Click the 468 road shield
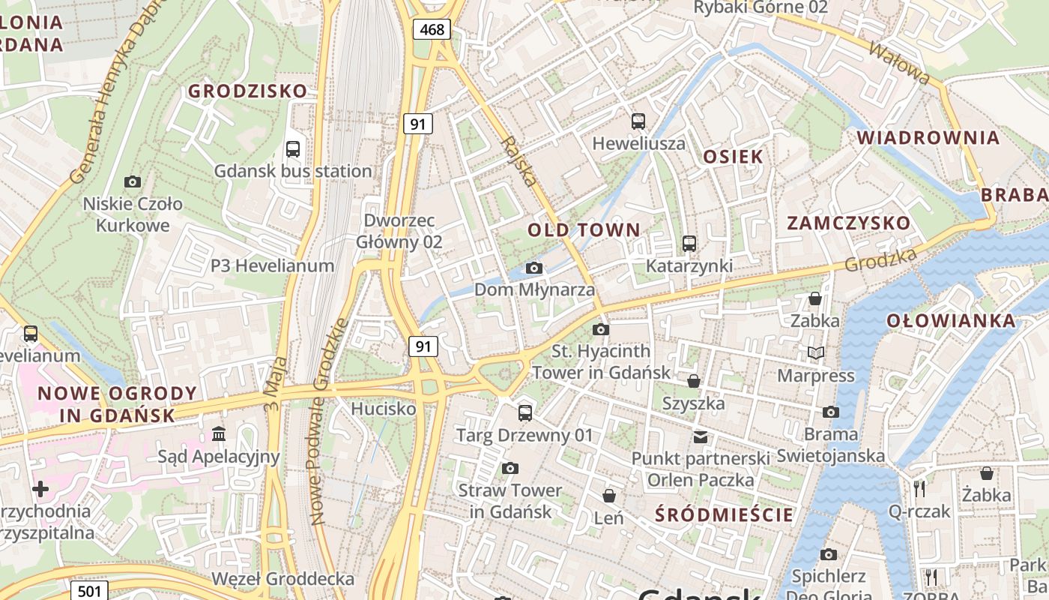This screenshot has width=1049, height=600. coord(432,30)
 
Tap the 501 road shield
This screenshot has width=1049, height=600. coord(89,591)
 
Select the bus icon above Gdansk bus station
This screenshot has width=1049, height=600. coord(293,148)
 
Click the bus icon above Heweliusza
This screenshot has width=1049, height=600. coord(638,121)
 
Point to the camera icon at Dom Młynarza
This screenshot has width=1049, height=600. coord(533,268)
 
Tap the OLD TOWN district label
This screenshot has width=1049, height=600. coord(584,230)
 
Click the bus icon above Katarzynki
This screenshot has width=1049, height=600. coord(689,244)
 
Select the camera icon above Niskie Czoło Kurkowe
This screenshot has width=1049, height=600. coord(133,181)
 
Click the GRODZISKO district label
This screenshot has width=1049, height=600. coord(247,91)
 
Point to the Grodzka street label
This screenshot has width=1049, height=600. coord(880,260)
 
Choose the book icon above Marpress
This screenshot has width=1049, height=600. coord(815,352)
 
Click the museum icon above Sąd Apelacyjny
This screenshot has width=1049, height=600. coord(219,433)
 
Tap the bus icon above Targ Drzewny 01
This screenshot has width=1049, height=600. coord(525,412)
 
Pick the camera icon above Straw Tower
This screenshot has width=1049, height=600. coord(510,469)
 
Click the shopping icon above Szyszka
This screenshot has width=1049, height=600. coord(694,381)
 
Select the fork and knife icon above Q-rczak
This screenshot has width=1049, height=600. coord(919,489)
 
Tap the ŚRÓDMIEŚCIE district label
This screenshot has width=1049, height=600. coord(724,514)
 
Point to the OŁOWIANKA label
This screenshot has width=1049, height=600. coord(951,321)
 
